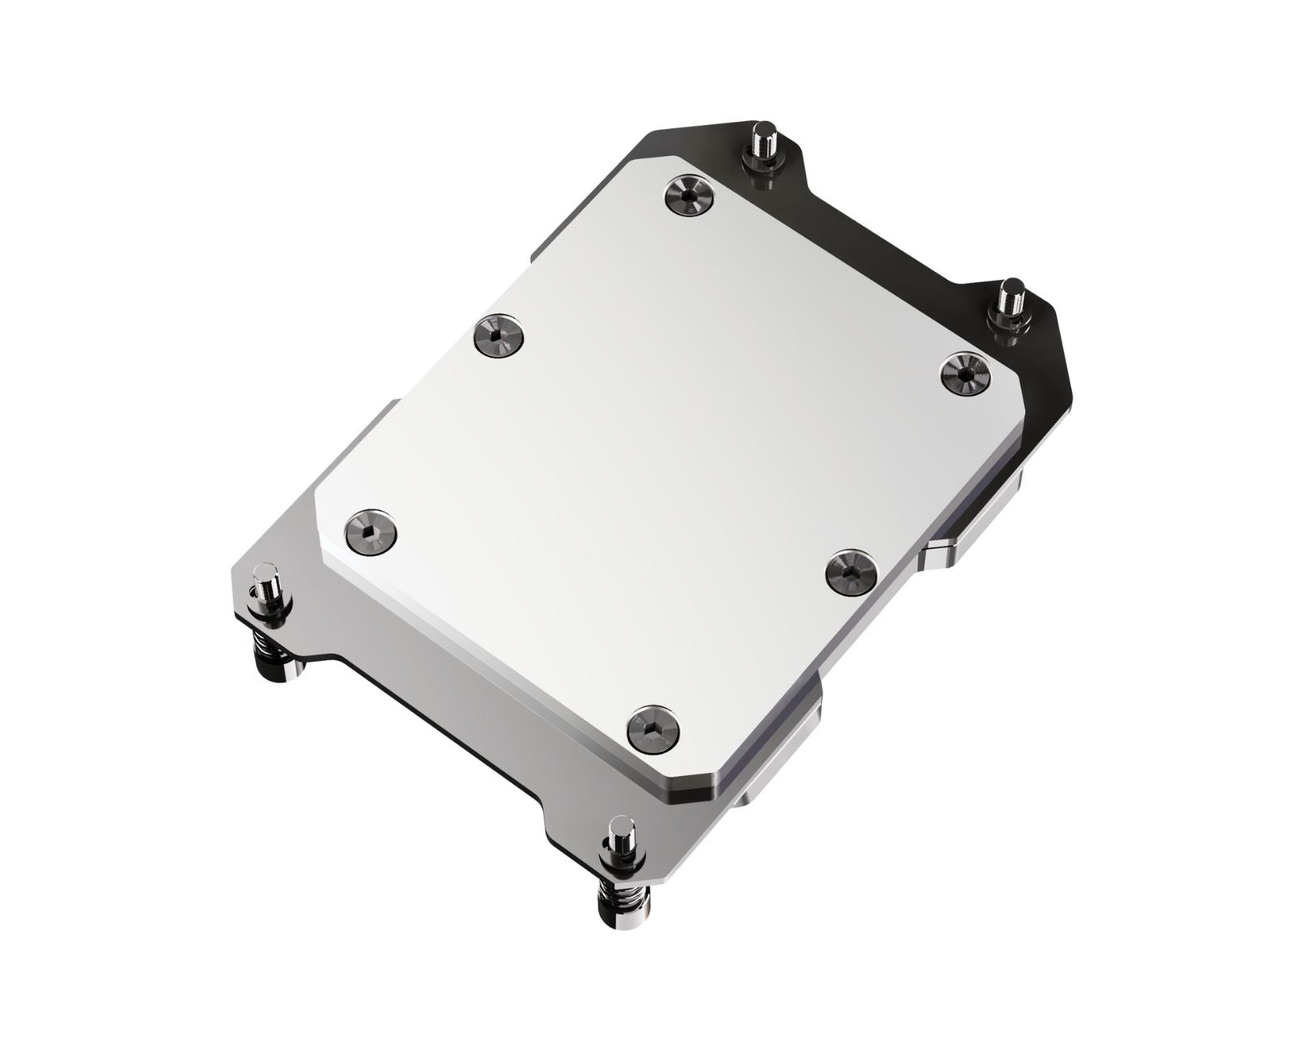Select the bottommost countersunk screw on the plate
click(655, 727)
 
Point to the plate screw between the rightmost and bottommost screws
click(850, 571)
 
